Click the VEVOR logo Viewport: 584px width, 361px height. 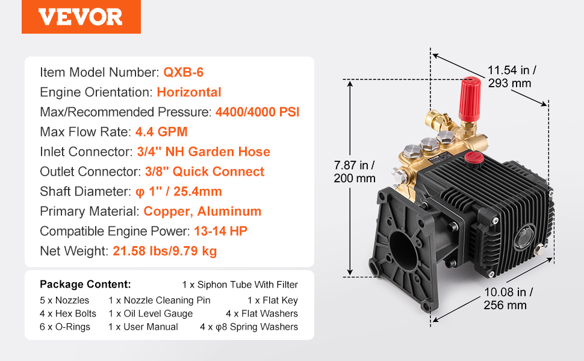point(81,17)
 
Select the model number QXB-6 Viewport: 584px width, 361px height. point(184,72)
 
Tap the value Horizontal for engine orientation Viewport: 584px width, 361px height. point(189,92)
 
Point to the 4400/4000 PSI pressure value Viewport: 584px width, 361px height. point(257,112)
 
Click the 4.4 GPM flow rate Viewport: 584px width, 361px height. point(161,132)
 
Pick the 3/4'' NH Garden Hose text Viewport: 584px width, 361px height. point(203,152)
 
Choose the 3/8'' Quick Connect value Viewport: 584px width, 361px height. point(205,171)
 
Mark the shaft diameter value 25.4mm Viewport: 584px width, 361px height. point(197,191)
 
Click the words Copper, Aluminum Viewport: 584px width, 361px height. point(202,211)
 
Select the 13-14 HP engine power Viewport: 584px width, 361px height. point(220,231)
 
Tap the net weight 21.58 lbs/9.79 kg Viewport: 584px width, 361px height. point(164,251)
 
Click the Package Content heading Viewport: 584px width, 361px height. point(85,285)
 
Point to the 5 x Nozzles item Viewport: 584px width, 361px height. point(64,300)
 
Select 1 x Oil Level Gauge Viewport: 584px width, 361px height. point(151,313)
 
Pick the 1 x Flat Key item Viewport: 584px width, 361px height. point(273,300)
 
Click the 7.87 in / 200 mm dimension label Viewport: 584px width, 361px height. point(354,171)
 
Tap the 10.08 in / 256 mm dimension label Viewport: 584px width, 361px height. point(508,298)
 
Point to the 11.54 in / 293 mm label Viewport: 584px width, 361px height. point(512,76)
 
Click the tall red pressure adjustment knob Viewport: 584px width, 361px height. point(469,99)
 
